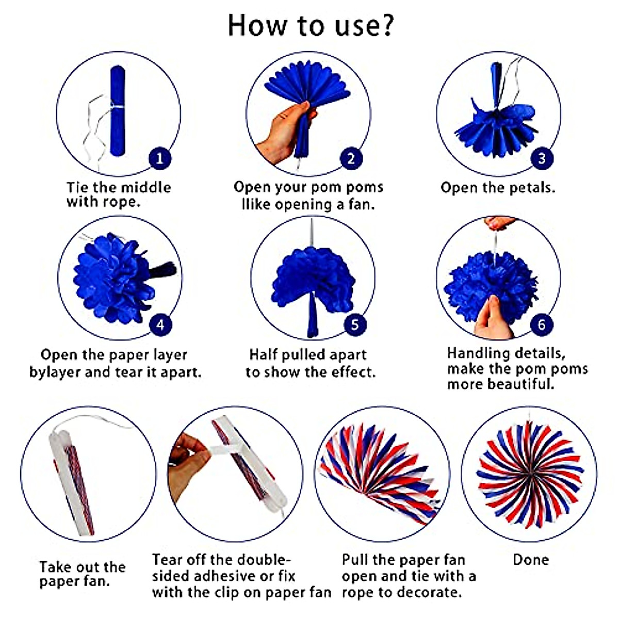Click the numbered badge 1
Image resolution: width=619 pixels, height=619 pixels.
pos(159,158)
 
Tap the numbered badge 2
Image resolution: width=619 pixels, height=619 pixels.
pos(351,158)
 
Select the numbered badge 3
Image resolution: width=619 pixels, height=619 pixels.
pos(542,158)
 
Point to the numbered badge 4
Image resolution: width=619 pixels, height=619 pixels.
pos(160,325)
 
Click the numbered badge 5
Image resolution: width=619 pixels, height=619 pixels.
pos(355,325)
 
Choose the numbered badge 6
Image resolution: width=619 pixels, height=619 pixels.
pos(542,325)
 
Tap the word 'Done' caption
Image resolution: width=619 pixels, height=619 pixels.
pos(530,560)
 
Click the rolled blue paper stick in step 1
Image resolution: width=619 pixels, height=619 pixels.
pos(118,111)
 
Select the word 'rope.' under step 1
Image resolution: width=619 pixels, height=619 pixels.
pos(118,202)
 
